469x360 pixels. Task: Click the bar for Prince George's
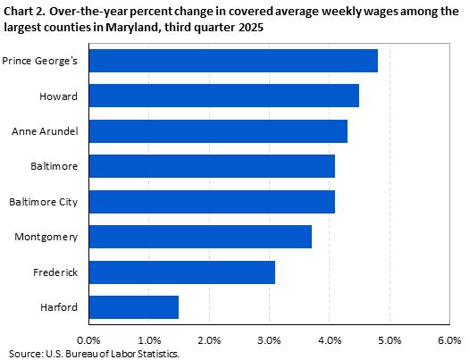(233, 61)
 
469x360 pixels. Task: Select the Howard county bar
(223, 96)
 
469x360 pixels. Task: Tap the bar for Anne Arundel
(218, 131)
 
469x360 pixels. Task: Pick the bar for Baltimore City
(212, 202)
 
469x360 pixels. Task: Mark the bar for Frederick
(182, 272)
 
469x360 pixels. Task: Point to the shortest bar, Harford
(134, 307)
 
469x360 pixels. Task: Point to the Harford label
(58, 307)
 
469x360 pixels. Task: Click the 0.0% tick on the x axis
(89, 340)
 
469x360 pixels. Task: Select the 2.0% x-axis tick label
(209, 340)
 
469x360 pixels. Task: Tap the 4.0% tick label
(330, 340)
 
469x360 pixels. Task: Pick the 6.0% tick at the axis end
(449, 340)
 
